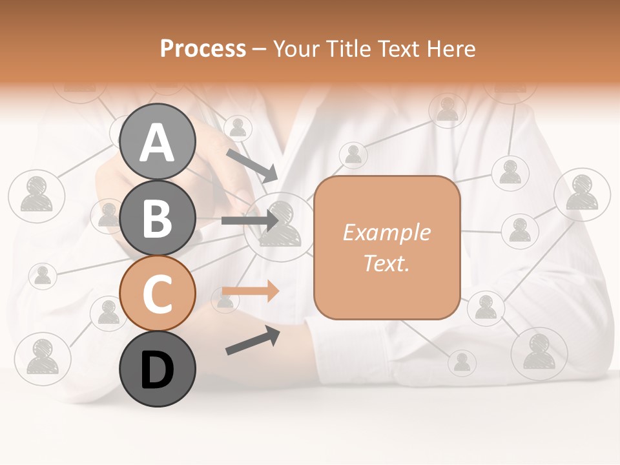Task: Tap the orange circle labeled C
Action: point(158,294)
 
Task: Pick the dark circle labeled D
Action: point(158,369)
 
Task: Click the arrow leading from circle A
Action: point(252,166)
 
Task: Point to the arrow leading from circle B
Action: point(250,221)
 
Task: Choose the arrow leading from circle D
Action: point(253,341)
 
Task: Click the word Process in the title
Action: point(203,48)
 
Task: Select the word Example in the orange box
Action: point(386,232)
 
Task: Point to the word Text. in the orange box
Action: point(386,263)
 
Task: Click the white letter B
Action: point(158,218)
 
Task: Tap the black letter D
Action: point(158,370)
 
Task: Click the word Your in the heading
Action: point(296,48)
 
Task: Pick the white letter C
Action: point(158,294)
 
